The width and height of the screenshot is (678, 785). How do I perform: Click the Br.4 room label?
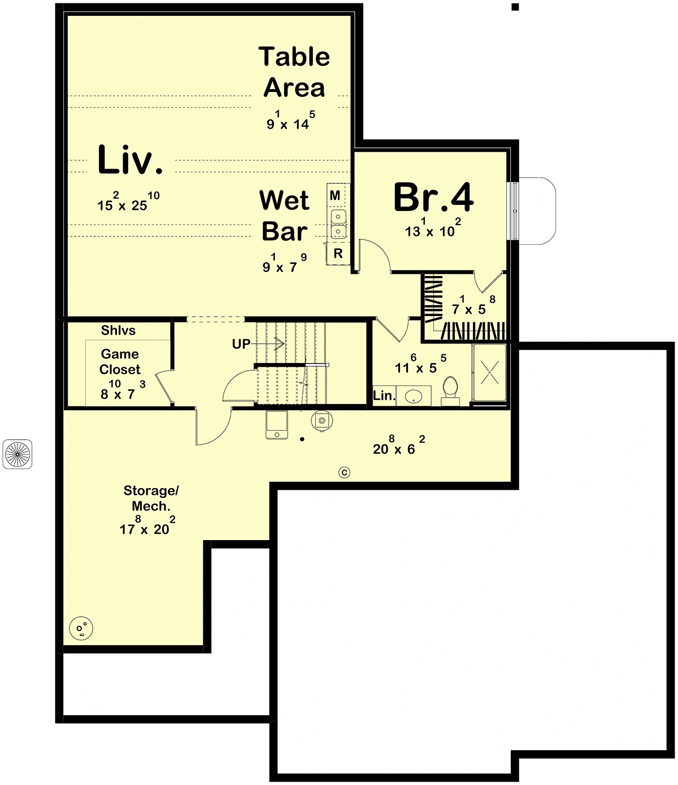pos(433,197)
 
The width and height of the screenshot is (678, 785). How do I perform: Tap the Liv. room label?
pos(130,160)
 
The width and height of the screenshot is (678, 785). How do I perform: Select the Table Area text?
pos(294,72)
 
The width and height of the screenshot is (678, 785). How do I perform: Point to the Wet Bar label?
pos(284,216)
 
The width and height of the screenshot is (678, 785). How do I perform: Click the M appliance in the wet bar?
pos(335,195)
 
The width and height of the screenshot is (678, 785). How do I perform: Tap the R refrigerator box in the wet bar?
pos(338,253)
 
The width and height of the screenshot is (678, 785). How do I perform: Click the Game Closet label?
pos(120,362)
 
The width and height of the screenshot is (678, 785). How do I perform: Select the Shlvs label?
pos(118,330)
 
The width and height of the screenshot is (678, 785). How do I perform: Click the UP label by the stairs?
pos(241,344)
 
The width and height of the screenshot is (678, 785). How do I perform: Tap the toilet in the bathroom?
pos(450,391)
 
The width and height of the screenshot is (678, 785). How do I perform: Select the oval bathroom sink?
pos(414,397)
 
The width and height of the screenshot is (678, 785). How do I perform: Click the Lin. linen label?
pos(384,396)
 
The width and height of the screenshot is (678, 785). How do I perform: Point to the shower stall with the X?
pos(489,372)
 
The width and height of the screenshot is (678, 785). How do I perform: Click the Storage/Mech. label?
pos(151,498)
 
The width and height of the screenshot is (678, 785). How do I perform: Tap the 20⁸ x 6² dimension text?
pos(399,445)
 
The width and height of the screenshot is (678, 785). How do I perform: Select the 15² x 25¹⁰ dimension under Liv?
pos(128,201)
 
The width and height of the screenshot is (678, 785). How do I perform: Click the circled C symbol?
pos(344,472)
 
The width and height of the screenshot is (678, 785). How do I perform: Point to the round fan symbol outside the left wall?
pos(17,454)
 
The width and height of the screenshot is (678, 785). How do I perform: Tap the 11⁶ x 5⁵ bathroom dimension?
pos(420,364)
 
